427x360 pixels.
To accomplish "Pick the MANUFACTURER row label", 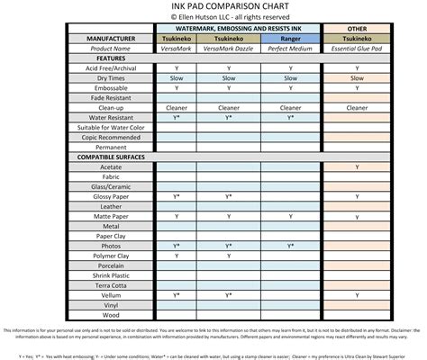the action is (x=111, y=39).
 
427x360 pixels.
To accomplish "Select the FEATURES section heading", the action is (x=111, y=58).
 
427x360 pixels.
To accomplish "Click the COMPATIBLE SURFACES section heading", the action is (x=111, y=157).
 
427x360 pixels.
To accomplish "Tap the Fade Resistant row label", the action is (x=111, y=97).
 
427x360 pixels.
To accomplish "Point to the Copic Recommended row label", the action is (x=111, y=137).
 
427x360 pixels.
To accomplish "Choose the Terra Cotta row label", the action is (x=111, y=284).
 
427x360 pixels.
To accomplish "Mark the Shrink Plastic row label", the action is (x=111, y=274).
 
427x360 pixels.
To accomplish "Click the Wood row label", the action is (x=111, y=314).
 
